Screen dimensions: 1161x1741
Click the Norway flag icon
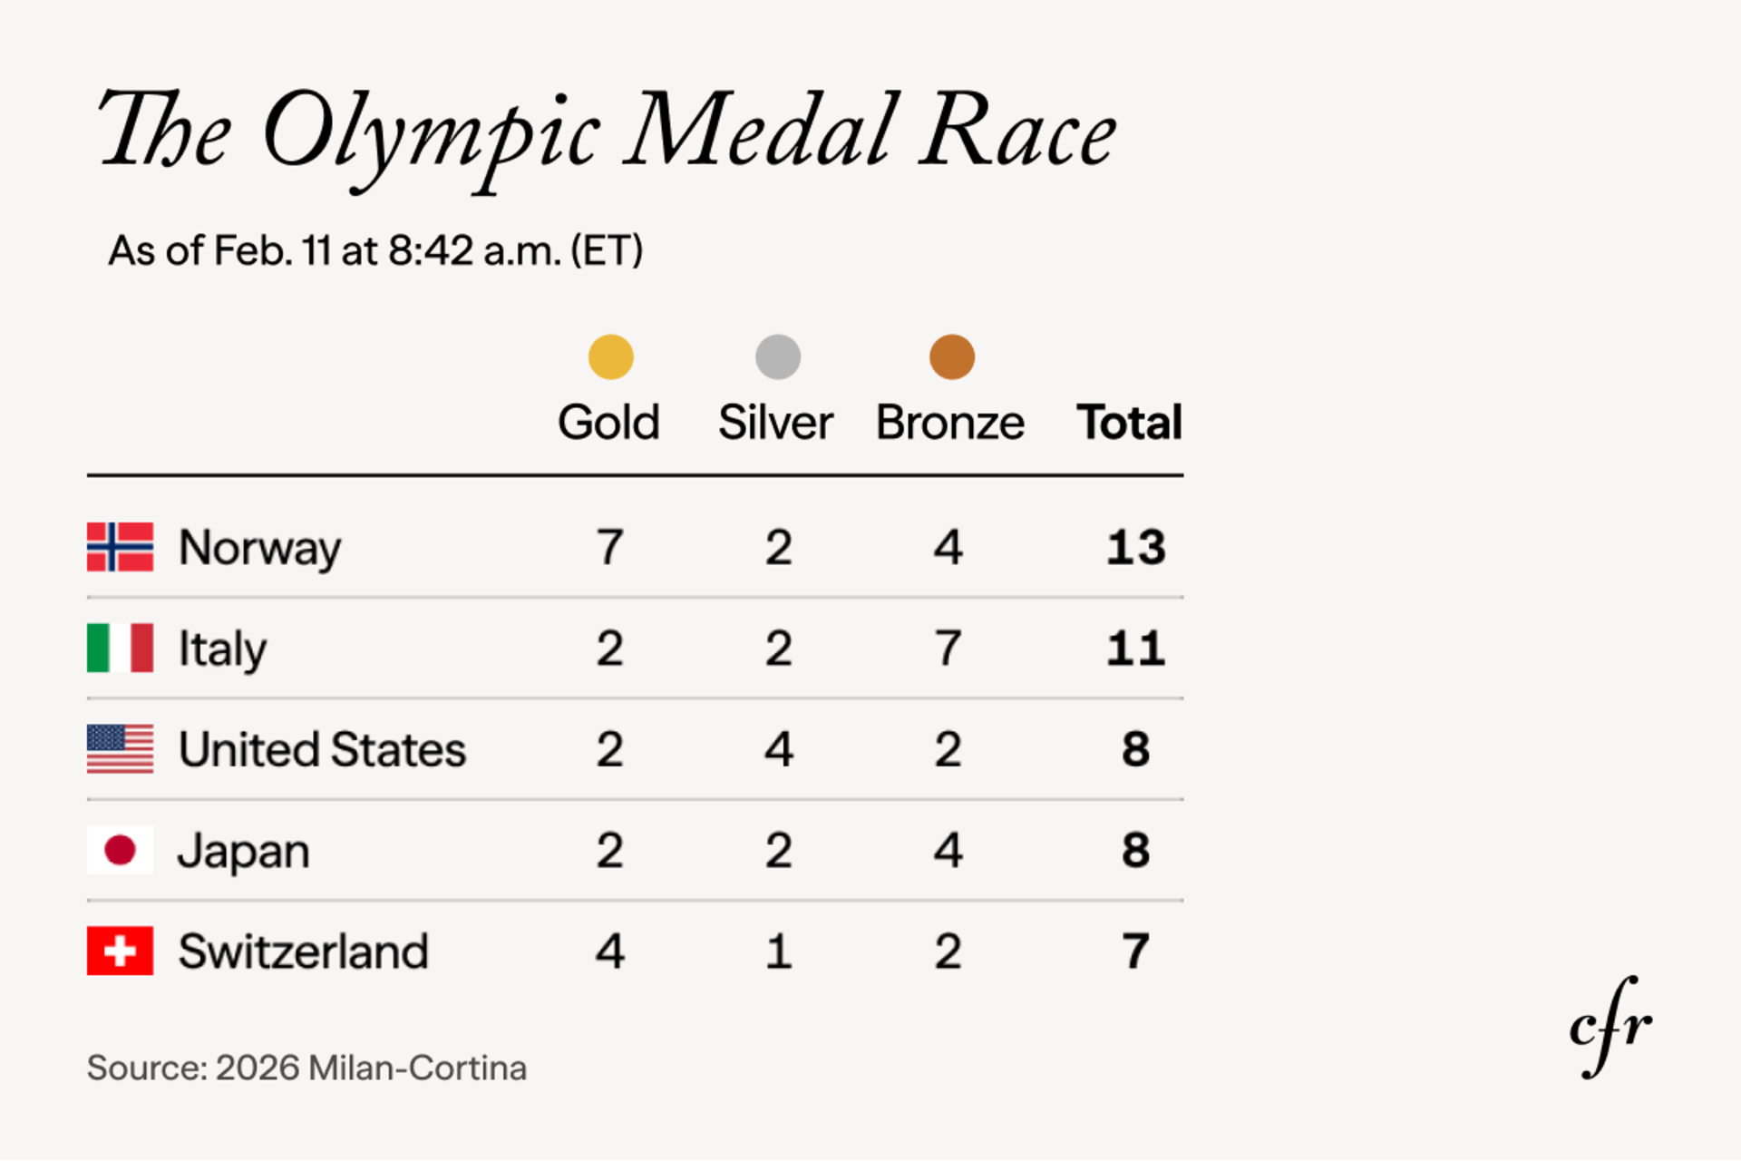[120, 547]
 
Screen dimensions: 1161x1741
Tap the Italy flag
[120, 648]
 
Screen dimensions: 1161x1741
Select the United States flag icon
[120, 749]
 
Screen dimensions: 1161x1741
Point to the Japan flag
[120, 850]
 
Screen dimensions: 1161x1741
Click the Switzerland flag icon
[120, 951]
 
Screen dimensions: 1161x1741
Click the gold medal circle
[610, 356]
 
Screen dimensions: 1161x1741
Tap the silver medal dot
[778, 356]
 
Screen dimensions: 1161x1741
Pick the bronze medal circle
[952, 356]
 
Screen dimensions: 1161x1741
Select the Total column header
[1129, 423]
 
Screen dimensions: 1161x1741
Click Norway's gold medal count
[610, 547]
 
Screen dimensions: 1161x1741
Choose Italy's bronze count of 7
[948, 648]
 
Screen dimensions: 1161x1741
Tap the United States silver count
[779, 749]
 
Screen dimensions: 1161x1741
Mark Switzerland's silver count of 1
[779, 951]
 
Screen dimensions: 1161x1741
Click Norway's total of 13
[1135, 547]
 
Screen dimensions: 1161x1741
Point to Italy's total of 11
[1135, 648]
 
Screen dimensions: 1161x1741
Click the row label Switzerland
[303, 951]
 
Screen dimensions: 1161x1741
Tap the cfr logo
[1610, 1027]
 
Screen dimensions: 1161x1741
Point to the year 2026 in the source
[258, 1068]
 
